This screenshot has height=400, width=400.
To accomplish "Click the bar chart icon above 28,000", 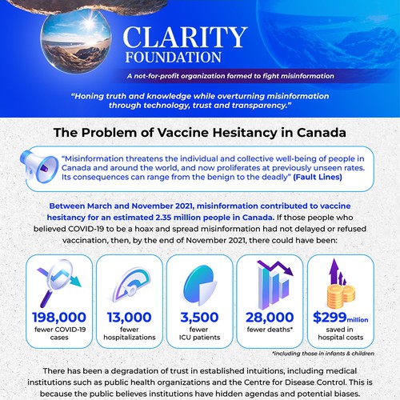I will [x=269, y=280].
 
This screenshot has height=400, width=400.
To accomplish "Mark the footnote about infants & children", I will [x=318, y=353].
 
